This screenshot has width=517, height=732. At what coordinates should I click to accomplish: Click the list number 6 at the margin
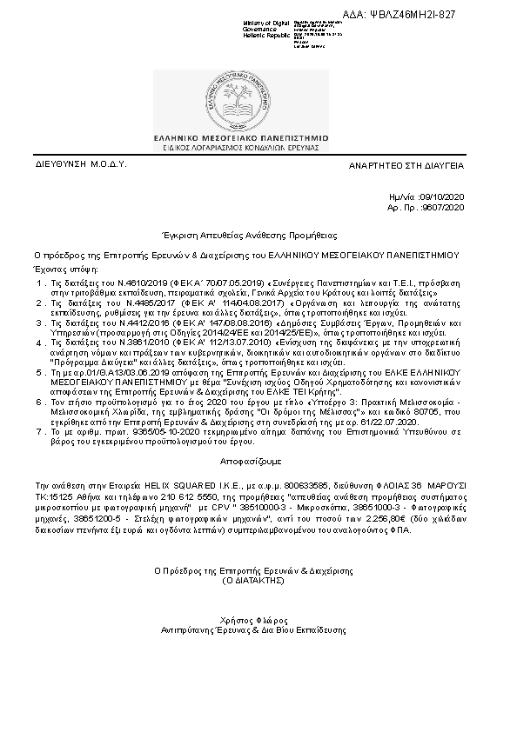click(x=38, y=403)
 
